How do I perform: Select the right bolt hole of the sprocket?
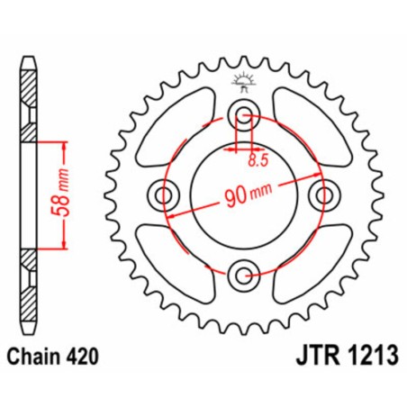coord(325,194)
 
